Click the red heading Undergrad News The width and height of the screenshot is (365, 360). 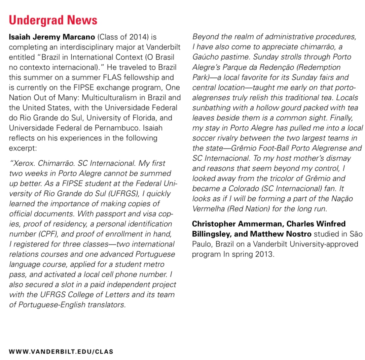(53, 20)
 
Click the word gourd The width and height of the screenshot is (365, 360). (281, 108)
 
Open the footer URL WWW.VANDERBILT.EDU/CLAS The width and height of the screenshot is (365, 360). (61, 352)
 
